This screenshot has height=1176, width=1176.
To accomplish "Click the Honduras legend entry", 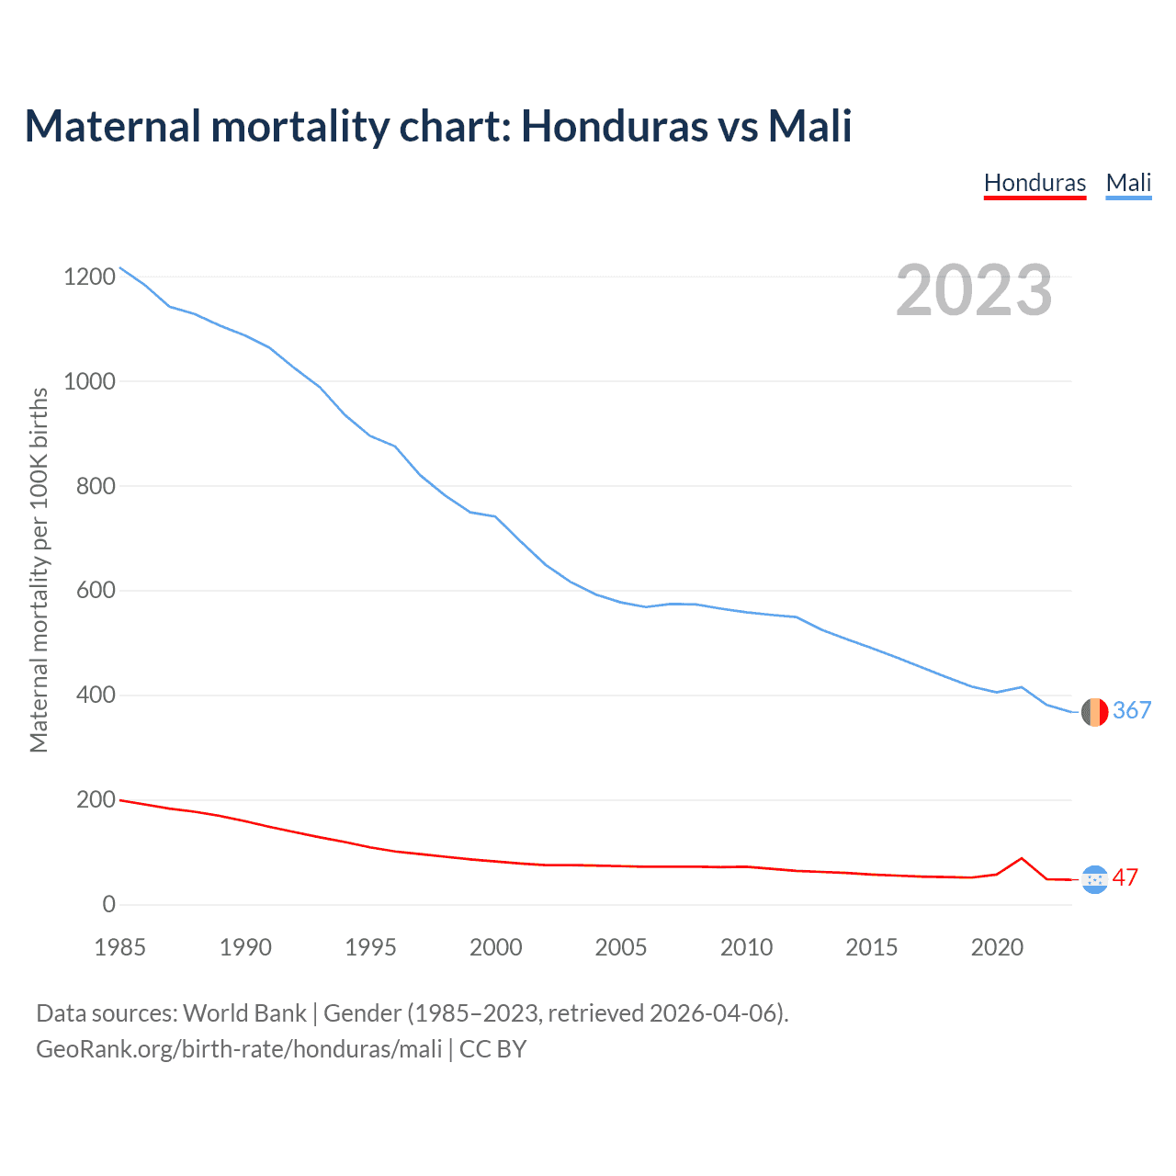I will click(x=1035, y=183).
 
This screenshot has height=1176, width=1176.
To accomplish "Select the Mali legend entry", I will click(x=1128, y=183).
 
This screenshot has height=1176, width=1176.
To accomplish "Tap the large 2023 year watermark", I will click(x=974, y=290).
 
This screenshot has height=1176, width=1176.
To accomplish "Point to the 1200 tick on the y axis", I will click(x=90, y=277).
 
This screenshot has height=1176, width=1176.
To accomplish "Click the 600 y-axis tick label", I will click(x=96, y=591).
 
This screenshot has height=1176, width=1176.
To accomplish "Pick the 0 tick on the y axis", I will click(x=109, y=905).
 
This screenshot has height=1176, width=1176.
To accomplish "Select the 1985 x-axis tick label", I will click(x=120, y=947).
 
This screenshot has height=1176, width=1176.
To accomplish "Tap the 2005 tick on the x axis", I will click(x=621, y=947).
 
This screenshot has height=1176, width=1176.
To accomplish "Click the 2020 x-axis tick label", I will click(x=997, y=947).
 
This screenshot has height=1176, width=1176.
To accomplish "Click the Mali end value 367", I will click(x=1132, y=710).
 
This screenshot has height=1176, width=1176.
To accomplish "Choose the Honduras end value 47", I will click(x=1125, y=878).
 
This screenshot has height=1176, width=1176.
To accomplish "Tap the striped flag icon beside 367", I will click(x=1094, y=712).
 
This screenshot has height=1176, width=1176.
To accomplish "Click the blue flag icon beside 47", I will click(x=1094, y=879).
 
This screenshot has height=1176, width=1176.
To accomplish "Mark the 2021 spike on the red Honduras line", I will click(x=1022, y=858).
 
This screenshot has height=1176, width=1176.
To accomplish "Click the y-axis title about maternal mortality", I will click(x=39, y=570).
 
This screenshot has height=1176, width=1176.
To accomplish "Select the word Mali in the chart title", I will click(x=809, y=126).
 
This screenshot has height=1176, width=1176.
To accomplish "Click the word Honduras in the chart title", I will click(x=615, y=126).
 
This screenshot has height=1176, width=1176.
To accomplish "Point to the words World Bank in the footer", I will click(x=244, y=1013).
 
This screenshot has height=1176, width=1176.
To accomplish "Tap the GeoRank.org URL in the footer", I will click(x=239, y=1049).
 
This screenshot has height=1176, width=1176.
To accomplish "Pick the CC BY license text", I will click(x=493, y=1049).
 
